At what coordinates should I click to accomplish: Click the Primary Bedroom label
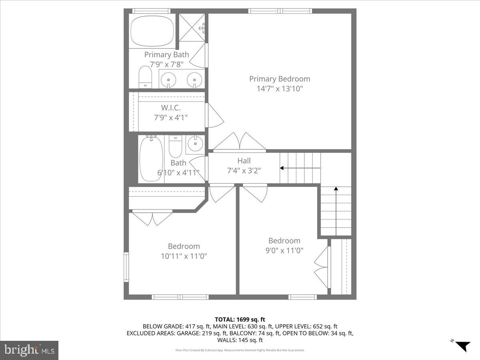pyautogui.click(x=280, y=79)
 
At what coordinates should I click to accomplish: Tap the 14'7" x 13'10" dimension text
pyautogui.click(x=280, y=88)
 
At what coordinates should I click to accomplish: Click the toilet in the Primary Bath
pyautogui.click(x=145, y=76)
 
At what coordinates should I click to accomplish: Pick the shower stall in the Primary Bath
pyautogui.click(x=192, y=27)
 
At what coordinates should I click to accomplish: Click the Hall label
pyautogui.click(x=244, y=161)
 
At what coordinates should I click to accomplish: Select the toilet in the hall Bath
pyautogui.click(x=175, y=146)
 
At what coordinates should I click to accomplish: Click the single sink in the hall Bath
pyautogui.click(x=195, y=144)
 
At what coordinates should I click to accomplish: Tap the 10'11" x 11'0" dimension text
pyautogui.click(x=184, y=256)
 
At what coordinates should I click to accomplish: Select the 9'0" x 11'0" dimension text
pyautogui.click(x=284, y=250)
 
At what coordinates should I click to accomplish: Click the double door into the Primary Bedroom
pyautogui.click(x=239, y=143)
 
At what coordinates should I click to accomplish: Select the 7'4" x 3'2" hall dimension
pyautogui.click(x=244, y=170)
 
